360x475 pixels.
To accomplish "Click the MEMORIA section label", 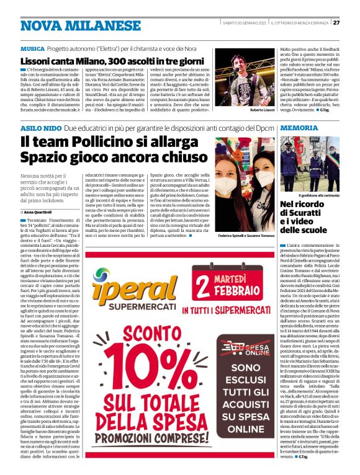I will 299,128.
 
